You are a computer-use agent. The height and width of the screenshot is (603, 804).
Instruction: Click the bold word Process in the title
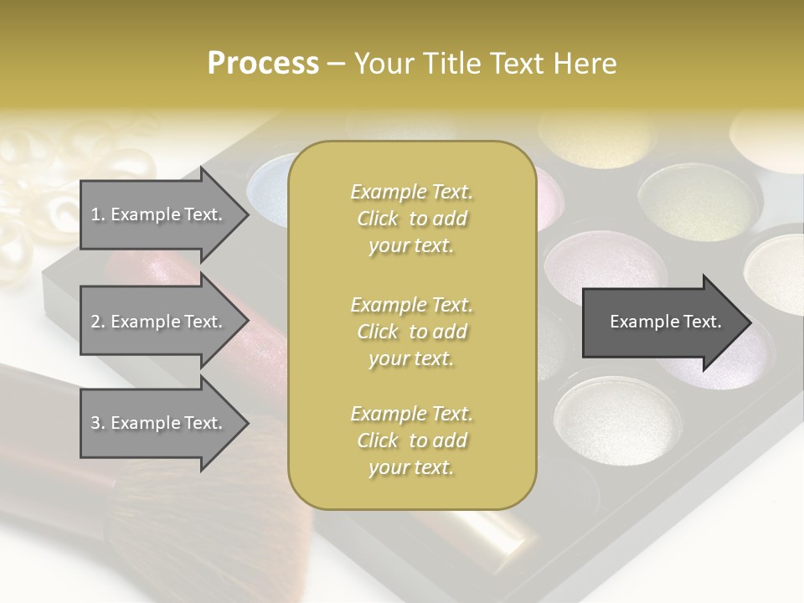click(263, 64)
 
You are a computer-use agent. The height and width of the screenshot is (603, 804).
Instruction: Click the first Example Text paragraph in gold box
click(411, 219)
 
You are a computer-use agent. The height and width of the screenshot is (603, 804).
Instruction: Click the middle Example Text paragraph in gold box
click(411, 331)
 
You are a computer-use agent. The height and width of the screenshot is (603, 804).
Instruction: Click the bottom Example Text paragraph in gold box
click(411, 441)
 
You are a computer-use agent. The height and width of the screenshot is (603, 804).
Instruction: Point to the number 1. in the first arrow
click(98, 214)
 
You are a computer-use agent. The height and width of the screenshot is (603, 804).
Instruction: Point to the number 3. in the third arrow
click(98, 423)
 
